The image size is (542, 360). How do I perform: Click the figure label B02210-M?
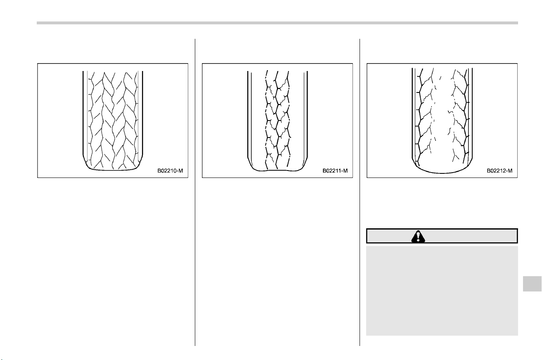click(170, 171)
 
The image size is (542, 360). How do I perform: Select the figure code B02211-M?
click(335, 171)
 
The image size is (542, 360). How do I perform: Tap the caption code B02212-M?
click(499, 171)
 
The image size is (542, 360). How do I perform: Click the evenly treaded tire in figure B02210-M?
click(113, 121)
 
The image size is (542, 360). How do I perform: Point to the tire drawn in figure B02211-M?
click(277, 121)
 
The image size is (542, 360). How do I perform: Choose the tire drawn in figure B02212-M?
click(442, 121)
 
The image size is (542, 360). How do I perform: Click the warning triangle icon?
click(418, 237)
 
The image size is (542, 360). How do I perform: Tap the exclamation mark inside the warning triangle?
click(418, 237)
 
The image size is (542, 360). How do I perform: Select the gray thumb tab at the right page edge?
click(532, 284)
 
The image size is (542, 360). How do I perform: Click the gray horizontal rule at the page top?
click(277, 23)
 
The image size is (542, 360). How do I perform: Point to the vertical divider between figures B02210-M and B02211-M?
click(195, 192)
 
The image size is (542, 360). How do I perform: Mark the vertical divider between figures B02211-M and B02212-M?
click(360, 192)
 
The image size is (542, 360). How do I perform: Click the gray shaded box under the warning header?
click(442, 291)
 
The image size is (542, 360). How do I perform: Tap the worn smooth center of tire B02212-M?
click(442, 121)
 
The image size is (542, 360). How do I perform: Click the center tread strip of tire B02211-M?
click(277, 120)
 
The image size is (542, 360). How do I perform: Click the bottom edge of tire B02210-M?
click(113, 170)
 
